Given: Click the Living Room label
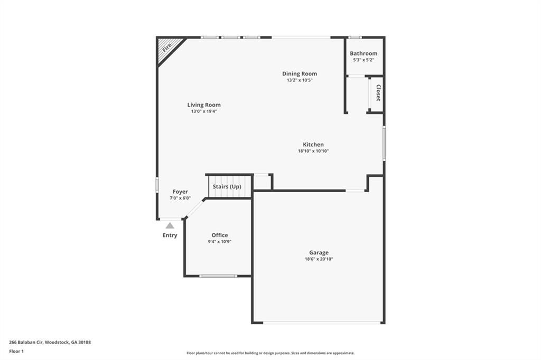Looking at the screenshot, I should coord(204,105).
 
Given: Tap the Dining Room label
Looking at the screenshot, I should coord(300,74).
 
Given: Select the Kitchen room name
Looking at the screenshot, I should coord(313,145).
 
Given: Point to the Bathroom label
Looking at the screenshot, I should coord(363,53).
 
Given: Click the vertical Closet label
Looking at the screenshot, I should coord(378,93).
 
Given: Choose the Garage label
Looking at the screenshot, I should coord(319,253).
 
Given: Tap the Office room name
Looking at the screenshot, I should coord(220,235).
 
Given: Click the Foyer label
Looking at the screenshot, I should coord(180,192).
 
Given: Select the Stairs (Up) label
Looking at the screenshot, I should coord(227,187).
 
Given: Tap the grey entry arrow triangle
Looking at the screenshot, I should coord(170,226).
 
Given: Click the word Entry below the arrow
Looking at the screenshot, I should coord(170,235).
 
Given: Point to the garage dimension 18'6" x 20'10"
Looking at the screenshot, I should coord(319,259).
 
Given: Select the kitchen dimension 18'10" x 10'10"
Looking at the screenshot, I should coord(313,151).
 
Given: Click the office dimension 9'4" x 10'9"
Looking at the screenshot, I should coord(220,242).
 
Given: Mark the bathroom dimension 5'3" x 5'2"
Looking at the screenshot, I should coord(363,60).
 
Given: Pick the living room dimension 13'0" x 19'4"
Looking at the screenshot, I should coord(204,111).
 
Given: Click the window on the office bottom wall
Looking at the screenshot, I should coord(218,276).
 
